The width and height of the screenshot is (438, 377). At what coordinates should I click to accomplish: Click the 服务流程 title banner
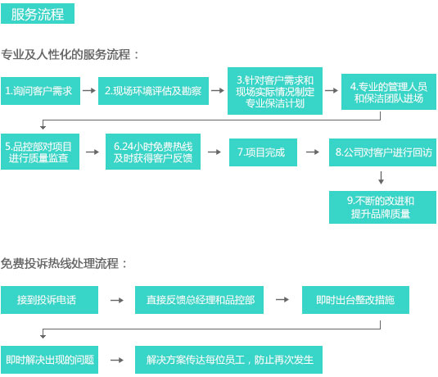pyautogui.click(x=38, y=13)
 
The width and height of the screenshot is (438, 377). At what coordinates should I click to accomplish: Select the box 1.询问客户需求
pyautogui.click(x=40, y=91)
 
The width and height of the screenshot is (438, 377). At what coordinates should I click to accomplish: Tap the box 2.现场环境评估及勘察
pyautogui.click(x=153, y=91)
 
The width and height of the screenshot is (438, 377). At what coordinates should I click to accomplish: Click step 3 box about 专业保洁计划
pyautogui.click(x=275, y=91)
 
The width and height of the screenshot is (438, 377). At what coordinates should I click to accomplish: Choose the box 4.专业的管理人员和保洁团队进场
pyautogui.click(x=389, y=92)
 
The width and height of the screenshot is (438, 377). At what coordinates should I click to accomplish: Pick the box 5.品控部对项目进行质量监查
pyautogui.click(x=40, y=152)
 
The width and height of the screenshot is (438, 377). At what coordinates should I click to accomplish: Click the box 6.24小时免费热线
pyautogui.click(x=153, y=152)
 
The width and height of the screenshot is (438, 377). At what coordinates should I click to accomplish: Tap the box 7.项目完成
pyautogui.click(x=263, y=152)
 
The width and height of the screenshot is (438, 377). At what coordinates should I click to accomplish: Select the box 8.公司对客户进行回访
pyautogui.click(x=382, y=152)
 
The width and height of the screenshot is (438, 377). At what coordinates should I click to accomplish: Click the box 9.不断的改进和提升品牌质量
pyautogui.click(x=382, y=207)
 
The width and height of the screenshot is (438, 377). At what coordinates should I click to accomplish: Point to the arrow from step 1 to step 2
pyautogui.click(x=89, y=91)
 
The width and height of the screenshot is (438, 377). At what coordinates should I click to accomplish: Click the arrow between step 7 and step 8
pyautogui.click(x=313, y=152)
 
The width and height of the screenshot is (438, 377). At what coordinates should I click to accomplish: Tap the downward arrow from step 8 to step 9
pyautogui.click(x=381, y=178)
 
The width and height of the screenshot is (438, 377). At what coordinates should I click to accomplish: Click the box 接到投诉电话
pyautogui.click(x=49, y=300)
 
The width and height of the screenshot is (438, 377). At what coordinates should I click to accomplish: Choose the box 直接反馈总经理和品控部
pyautogui.click(x=199, y=300)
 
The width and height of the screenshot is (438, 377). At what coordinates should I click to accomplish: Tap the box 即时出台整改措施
pyautogui.click(x=355, y=300)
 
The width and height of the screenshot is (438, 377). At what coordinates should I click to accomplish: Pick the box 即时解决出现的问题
pyautogui.click(x=49, y=360)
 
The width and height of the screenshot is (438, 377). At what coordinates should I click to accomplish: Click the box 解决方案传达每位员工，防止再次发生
pyautogui.click(x=228, y=360)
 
